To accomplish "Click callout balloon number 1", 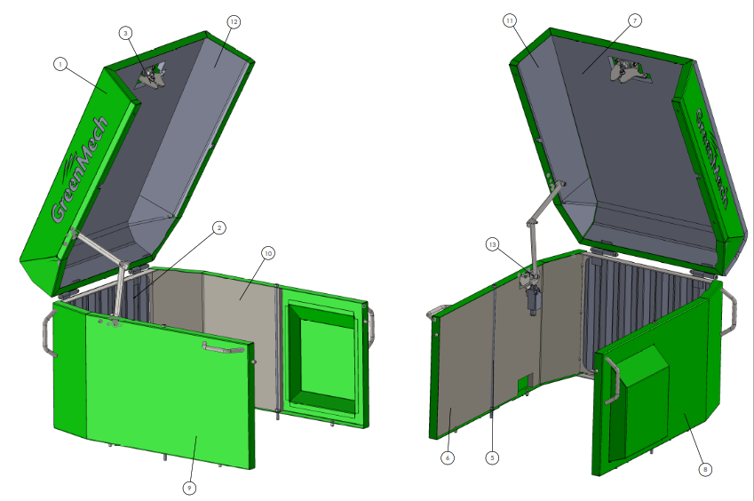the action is [x=60, y=64].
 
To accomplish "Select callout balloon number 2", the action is [x=219, y=227].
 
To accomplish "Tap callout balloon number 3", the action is [x=125, y=33].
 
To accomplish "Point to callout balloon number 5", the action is [x=492, y=457].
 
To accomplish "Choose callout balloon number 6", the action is [x=448, y=457].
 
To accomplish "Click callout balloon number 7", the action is [x=635, y=20].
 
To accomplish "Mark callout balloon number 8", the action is [x=705, y=469].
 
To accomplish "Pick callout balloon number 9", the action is [x=189, y=488].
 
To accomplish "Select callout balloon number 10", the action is [x=268, y=253].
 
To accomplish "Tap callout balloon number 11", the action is [x=510, y=20].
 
